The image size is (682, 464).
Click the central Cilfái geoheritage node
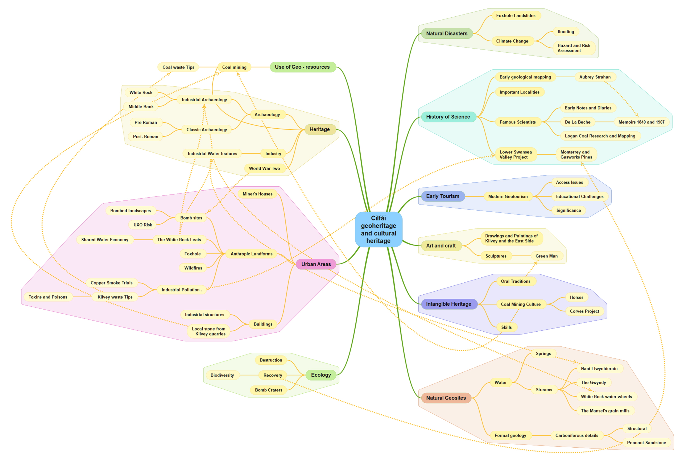tap(378, 229)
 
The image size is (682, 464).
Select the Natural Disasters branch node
tap(446, 33)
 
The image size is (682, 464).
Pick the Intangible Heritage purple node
tap(449, 304)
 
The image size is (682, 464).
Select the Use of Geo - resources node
tap(302, 67)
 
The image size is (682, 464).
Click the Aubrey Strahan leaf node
tap(595, 77)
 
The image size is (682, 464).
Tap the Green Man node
tap(546, 256)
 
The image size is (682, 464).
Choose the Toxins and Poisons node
tap(48, 297)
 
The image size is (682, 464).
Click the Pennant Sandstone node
tap(646, 443)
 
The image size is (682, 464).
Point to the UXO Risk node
tap(143, 225)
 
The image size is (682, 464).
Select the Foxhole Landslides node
tap(515, 16)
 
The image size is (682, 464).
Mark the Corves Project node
tap(584, 311)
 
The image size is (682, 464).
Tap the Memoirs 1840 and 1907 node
tap(641, 122)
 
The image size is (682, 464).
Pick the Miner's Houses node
tap(257, 194)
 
